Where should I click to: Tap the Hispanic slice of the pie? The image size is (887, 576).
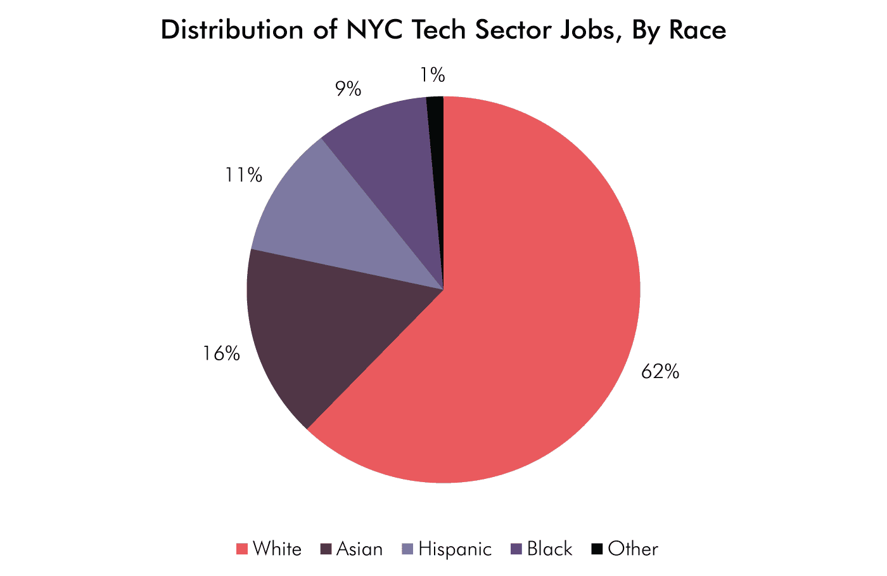(329, 222)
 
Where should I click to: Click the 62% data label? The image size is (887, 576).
(660, 372)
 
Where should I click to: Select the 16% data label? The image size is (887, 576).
(221, 353)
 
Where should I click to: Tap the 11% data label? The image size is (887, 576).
(243, 174)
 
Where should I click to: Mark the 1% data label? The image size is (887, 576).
(432, 75)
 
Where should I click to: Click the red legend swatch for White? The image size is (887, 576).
(241, 549)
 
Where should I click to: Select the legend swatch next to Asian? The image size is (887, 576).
(326, 549)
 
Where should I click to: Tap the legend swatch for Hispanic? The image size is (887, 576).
(408, 549)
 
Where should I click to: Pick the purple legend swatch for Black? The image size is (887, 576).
(516, 549)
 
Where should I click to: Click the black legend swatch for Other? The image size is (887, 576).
(597, 549)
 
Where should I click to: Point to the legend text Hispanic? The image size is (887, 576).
(455, 549)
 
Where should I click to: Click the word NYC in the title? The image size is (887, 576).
(374, 30)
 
